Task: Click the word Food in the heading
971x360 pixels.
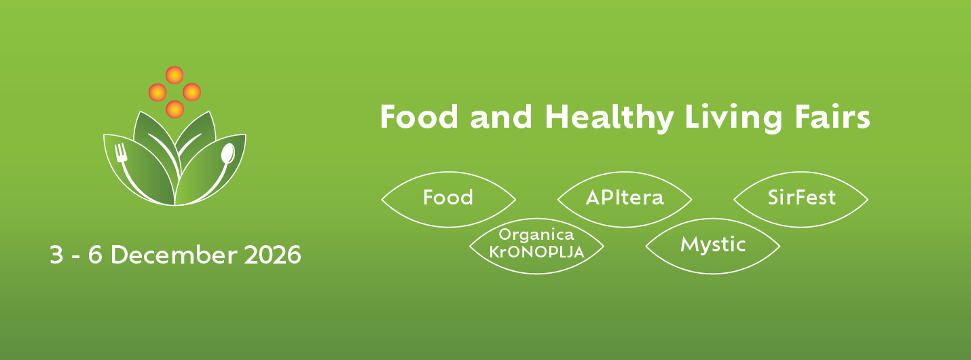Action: (x=419, y=118)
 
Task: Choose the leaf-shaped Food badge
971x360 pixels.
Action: (x=448, y=198)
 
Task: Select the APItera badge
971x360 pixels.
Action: (x=625, y=198)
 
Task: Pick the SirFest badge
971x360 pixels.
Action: (x=801, y=198)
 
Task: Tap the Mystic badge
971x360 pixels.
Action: (x=713, y=245)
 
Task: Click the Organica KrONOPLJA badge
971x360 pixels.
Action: (x=536, y=245)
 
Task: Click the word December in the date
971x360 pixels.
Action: (x=173, y=255)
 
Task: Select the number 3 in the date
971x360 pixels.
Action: (x=56, y=255)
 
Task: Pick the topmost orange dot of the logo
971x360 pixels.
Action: (x=175, y=75)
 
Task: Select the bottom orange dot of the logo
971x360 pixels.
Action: (x=175, y=109)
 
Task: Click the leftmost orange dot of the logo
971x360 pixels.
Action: (x=158, y=92)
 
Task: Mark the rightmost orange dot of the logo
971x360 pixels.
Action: (x=191, y=92)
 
